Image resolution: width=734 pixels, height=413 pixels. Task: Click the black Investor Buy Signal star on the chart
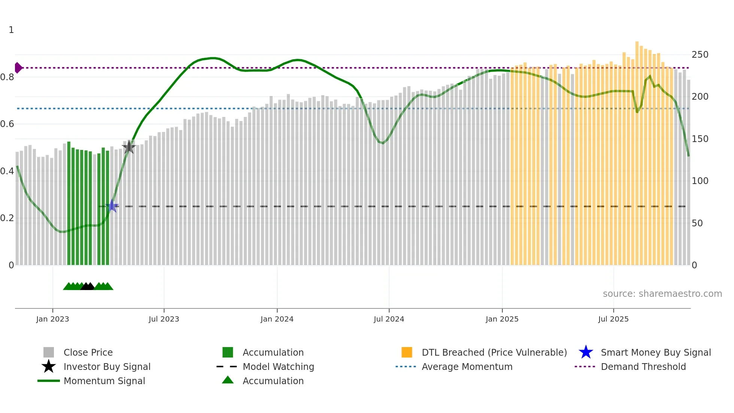pos(129,147)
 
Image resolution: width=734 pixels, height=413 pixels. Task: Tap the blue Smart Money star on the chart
pos(112,206)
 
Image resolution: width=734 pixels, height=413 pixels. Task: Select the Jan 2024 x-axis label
pos(277,319)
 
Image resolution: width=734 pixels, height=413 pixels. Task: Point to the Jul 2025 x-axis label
pos(613,319)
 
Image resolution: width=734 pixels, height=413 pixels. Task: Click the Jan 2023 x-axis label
pos(52,319)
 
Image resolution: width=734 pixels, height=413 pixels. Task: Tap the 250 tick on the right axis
pos(700,55)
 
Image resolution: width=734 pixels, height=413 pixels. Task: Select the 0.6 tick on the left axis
pos(7,124)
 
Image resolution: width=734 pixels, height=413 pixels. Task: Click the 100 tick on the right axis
pos(700,181)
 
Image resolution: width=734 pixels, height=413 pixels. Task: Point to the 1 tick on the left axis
pos(11,30)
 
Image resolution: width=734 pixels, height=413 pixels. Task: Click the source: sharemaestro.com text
pos(662,294)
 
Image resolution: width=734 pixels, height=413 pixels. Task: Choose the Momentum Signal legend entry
pos(104,381)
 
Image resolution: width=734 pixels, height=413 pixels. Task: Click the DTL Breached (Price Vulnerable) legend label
pos(494,352)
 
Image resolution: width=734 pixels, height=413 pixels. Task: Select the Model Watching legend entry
pos(278,367)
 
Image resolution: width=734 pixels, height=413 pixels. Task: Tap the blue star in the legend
pos(586,352)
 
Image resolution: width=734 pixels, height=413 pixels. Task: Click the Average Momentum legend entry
pos(467,367)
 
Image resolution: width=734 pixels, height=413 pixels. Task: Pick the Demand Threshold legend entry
pos(643,367)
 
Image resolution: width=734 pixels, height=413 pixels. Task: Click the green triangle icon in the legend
pos(228,380)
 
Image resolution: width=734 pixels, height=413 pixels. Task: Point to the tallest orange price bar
pos(637,150)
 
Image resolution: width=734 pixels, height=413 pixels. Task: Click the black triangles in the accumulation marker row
pos(88,287)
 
